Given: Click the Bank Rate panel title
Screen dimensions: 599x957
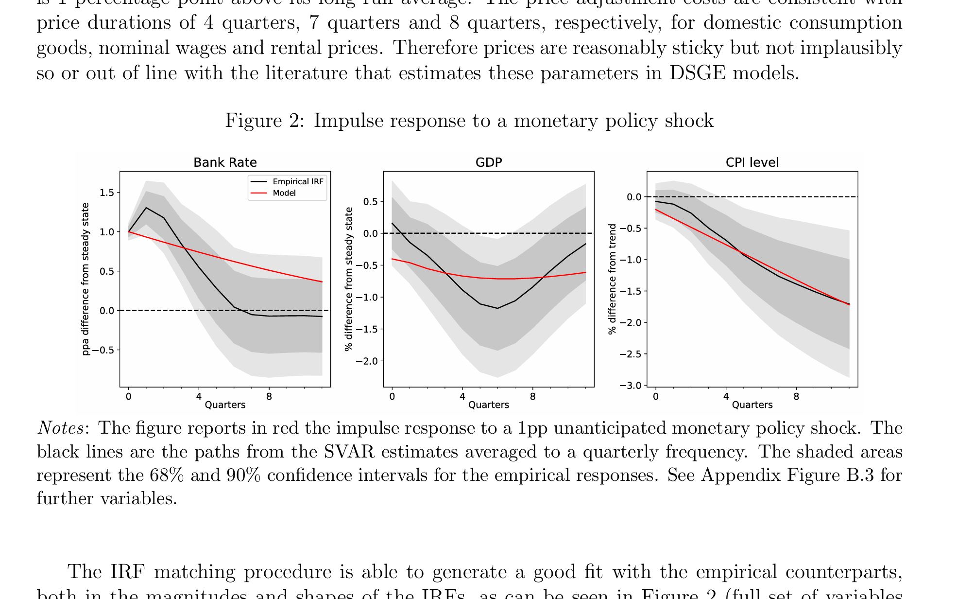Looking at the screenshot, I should pyautogui.click(x=225, y=162).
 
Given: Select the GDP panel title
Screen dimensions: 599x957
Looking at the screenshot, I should pyautogui.click(x=488, y=162).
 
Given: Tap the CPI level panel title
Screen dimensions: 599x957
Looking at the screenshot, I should pyautogui.click(x=752, y=162).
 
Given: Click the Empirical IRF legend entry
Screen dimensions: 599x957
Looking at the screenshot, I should pyautogui.click(x=297, y=181).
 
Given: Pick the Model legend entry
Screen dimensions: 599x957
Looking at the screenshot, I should pyautogui.click(x=284, y=193).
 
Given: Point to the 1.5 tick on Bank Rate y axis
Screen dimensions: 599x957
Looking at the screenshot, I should pyautogui.click(x=107, y=193).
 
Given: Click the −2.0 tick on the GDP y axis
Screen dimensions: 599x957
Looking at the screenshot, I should pyautogui.click(x=366, y=361).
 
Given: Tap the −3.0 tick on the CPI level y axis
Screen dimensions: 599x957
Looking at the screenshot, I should pyautogui.click(x=630, y=386).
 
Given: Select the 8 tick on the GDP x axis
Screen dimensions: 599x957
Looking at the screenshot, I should pyautogui.click(x=532, y=397).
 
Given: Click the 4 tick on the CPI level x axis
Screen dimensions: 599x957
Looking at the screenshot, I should pyautogui.click(x=726, y=397).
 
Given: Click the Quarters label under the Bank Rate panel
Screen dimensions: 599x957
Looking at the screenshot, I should pyautogui.click(x=225, y=405).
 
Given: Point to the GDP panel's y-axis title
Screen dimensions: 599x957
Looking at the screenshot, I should pyautogui.click(x=348, y=279).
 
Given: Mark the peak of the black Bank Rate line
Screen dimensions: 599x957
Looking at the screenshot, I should pyautogui.click(x=146, y=208).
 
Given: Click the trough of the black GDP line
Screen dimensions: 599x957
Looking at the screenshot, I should pyautogui.click(x=497, y=308).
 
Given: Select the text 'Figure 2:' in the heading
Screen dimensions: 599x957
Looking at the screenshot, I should pyautogui.click(x=265, y=121).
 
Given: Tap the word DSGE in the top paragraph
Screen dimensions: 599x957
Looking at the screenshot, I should pyautogui.click(x=697, y=73).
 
